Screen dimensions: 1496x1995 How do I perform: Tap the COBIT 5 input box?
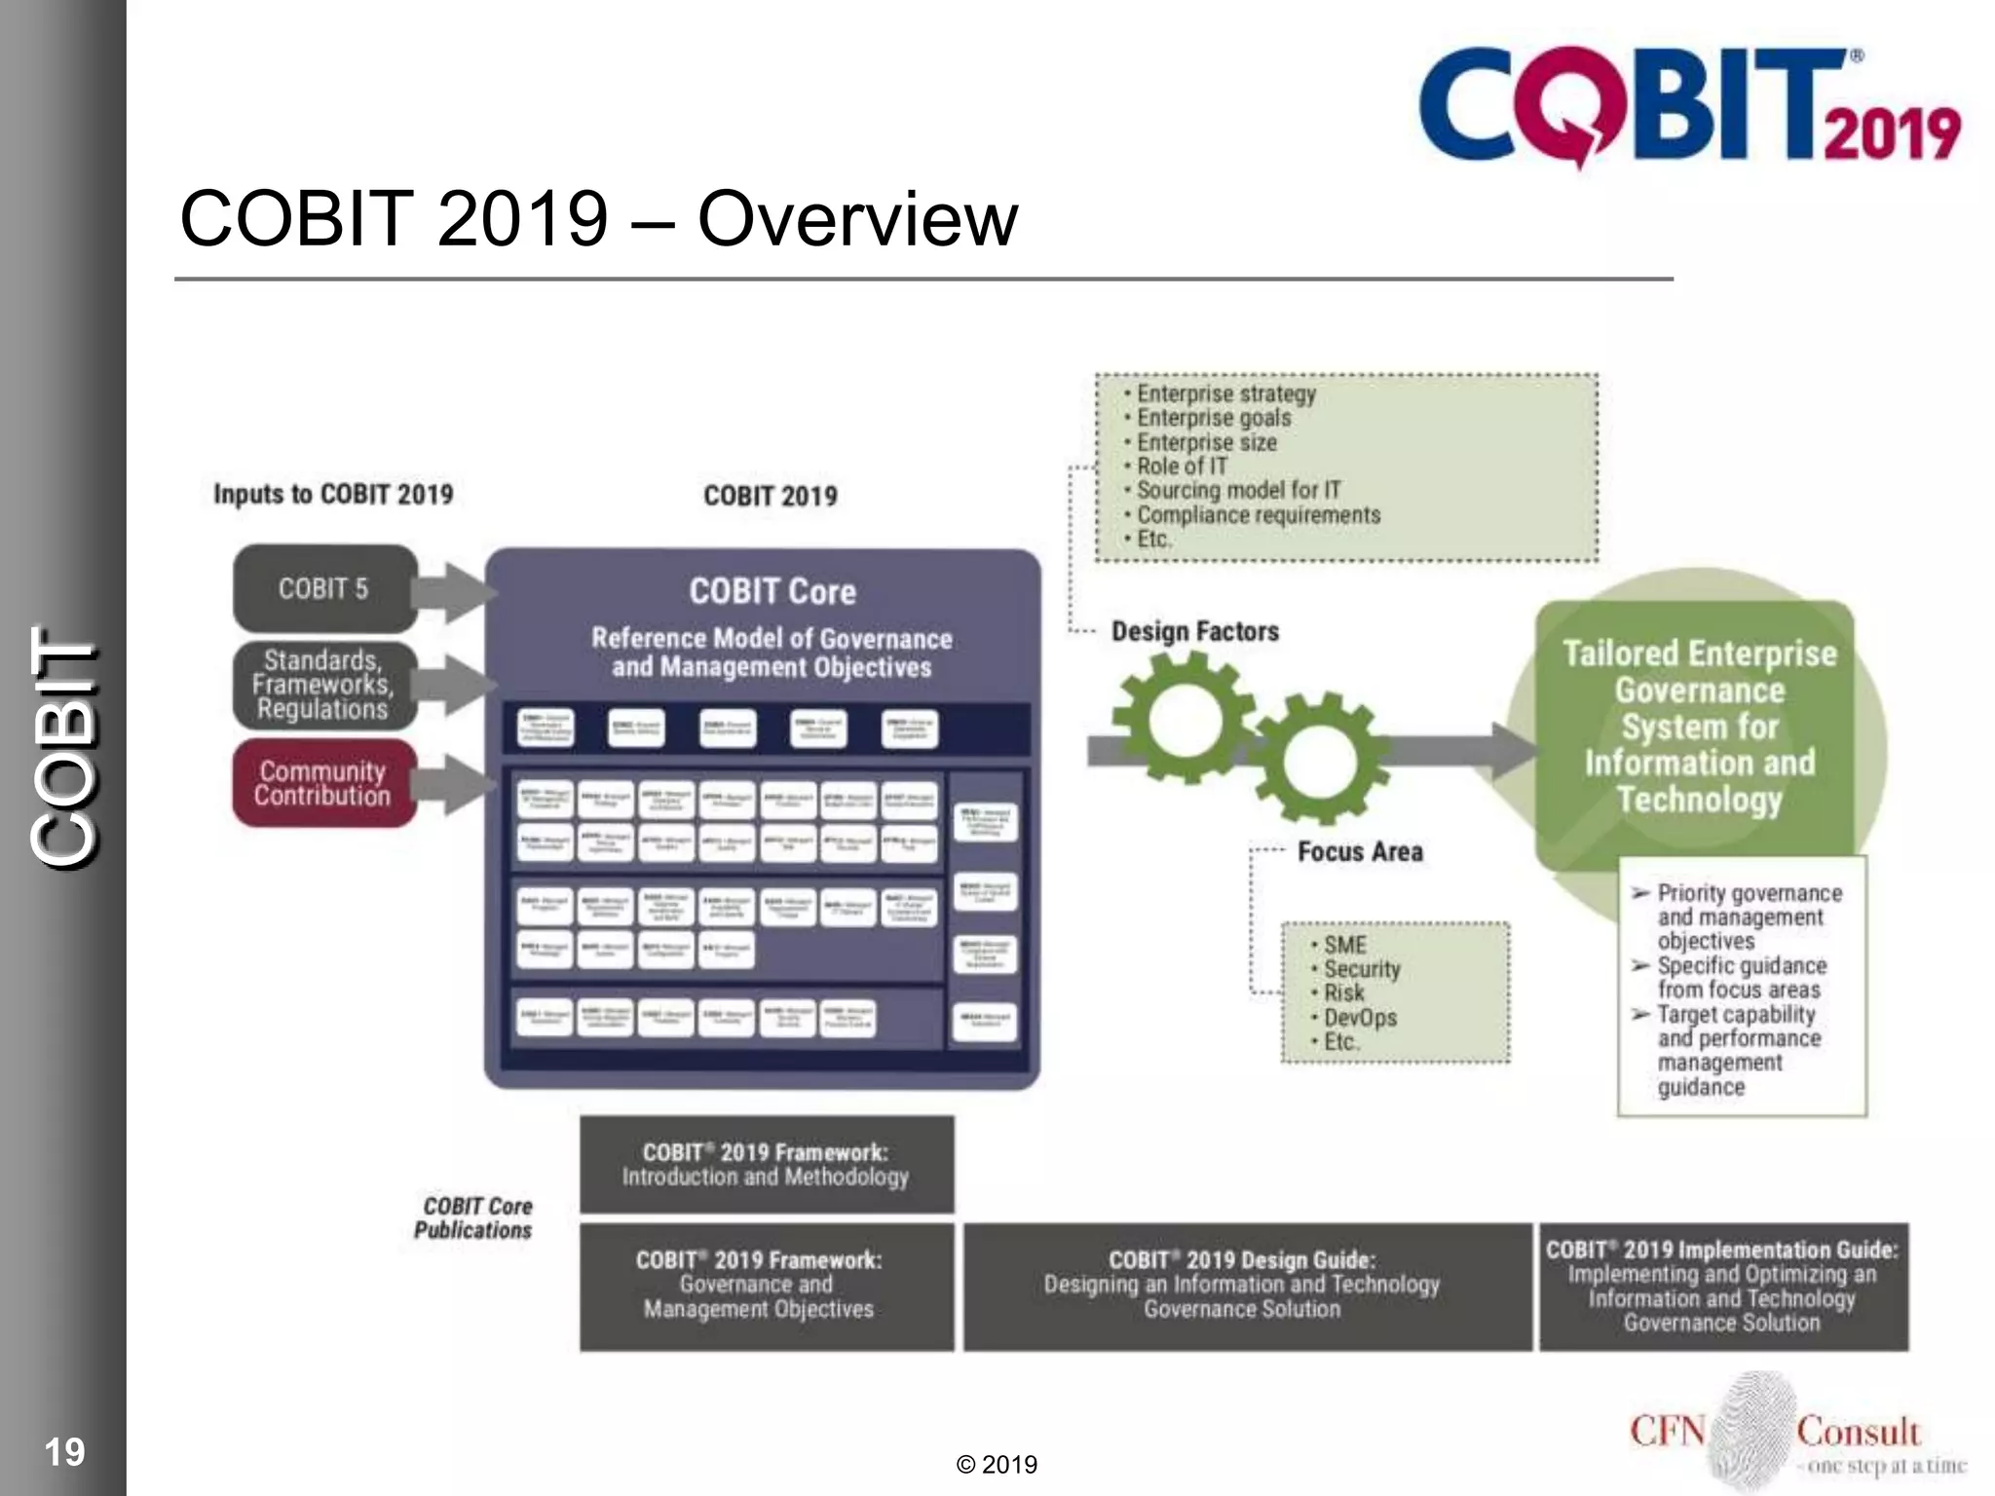[324, 588]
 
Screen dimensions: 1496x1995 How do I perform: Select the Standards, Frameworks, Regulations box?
[324, 685]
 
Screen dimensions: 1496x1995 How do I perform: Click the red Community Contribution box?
[324, 783]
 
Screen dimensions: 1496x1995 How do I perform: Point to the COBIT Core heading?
[772, 591]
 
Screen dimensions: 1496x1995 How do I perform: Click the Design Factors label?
[1194, 631]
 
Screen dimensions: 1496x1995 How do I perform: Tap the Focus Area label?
[1360, 851]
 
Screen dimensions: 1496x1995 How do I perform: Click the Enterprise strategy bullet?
[1225, 393]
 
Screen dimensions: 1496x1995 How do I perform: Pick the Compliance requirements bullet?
[1258, 514]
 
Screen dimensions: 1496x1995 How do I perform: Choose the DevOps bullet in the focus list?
[1359, 1017]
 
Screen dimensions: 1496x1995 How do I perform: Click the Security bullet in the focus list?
[1361, 968]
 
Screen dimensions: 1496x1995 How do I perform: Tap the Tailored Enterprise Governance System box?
[1699, 726]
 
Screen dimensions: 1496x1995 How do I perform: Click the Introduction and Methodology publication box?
[766, 1164]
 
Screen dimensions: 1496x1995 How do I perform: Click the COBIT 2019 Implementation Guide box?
[1721, 1286]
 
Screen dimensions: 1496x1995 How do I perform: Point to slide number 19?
[64, 1451]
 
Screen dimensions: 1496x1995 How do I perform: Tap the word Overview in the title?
[857, 218]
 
